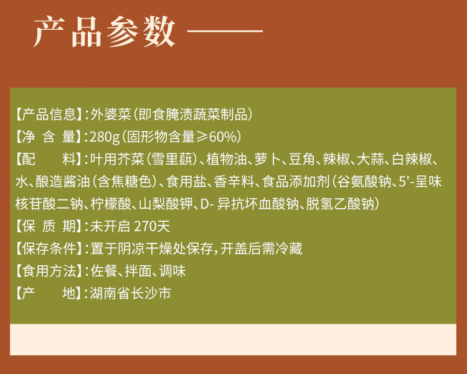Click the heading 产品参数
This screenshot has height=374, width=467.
point(105,32)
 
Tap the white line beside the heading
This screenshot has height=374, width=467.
point(225,30)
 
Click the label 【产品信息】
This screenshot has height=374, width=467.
point(49,115)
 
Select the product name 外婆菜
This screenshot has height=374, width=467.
point(110,115)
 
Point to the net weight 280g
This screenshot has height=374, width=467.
point(105,137)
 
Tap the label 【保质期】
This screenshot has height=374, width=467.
point(49,226)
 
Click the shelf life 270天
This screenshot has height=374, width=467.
point(152,226)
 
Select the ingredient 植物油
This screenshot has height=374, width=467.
point(227,159)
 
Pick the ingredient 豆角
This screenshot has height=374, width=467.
point(302,159)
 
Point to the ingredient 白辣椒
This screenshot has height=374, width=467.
point(412,159)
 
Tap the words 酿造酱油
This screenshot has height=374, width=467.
point(63,181)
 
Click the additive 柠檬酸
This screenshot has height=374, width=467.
point(111,204)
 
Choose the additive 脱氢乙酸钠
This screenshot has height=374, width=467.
point(340,204)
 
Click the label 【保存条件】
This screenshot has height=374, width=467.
point(49,249)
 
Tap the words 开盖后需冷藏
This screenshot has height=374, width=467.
point(261,249)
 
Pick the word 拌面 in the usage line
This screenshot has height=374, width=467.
point(138,271)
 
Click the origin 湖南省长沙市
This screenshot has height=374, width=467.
point(131,293)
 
